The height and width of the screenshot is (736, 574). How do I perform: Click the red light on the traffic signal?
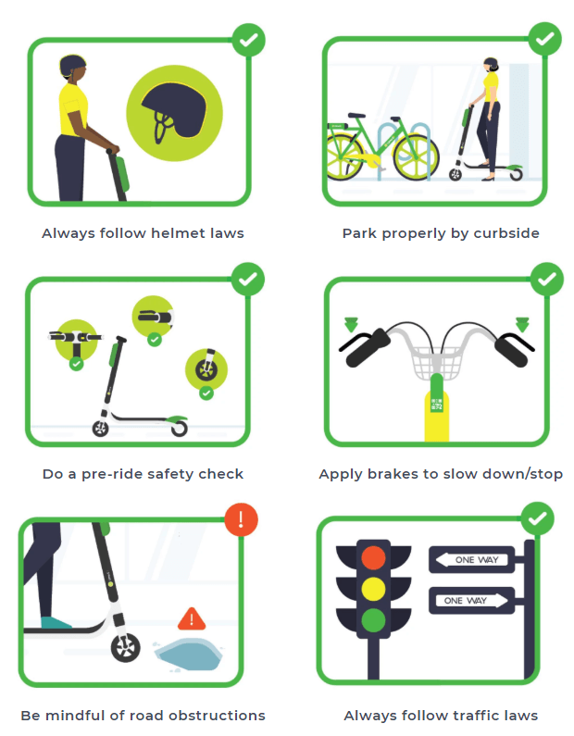click(x=374, y=557)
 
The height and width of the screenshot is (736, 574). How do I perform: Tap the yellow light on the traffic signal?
click(x=374, y=589)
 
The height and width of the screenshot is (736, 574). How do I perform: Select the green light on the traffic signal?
click(x=374, y=620)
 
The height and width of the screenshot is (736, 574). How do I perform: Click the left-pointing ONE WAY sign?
click(x=471, y=559)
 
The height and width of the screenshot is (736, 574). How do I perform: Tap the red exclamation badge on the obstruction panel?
click(x=242, y=519)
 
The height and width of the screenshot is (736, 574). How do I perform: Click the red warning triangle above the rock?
click(x=192, y=618)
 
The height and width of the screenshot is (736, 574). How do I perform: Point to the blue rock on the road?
click(x=189, y=654)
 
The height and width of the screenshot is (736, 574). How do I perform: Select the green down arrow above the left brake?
click(x=351, y=324)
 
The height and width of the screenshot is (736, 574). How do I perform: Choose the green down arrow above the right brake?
click(x=522, y=324)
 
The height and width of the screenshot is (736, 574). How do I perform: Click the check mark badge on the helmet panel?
click(x=249, y=40)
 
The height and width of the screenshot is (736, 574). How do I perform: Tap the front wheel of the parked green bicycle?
click(x=417, y=156)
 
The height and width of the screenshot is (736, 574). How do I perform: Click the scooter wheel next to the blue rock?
click(x=125, y=648)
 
